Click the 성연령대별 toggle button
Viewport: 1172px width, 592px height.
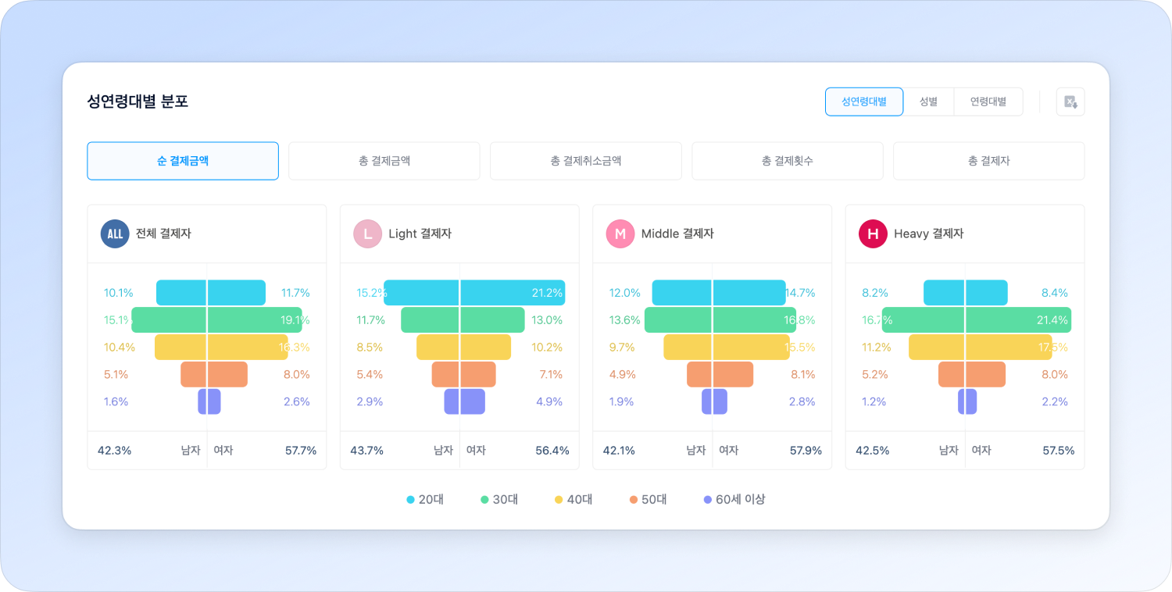[x=864, y=102]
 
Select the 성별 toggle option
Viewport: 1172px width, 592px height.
[x=928, y=102]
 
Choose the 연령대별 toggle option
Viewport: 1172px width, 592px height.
[x=988, y=102]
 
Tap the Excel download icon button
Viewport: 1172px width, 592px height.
[x=1070, y=102]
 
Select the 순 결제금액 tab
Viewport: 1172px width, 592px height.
[x=182, y=161]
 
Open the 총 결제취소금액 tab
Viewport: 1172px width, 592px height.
[x=585, y=161]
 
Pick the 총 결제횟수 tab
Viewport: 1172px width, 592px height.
[x=787, y=161]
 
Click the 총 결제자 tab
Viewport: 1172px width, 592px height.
[x=988, y=161]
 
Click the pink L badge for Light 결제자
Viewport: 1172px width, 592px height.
[x=367, y=234]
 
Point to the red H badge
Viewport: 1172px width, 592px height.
[x=873, y=234]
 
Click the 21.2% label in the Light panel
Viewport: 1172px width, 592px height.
[x=547, y=293]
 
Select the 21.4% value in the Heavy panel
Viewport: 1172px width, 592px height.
[x=1052, y=320]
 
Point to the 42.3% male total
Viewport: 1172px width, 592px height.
[x=114, y=451]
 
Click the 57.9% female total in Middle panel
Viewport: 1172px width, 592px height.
[x=806, y=451]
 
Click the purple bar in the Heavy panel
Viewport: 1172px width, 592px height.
[x=967, y=401]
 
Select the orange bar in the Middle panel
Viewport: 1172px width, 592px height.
[x=720, y=374]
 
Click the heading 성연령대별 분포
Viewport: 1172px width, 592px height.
[x=138, y=102]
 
